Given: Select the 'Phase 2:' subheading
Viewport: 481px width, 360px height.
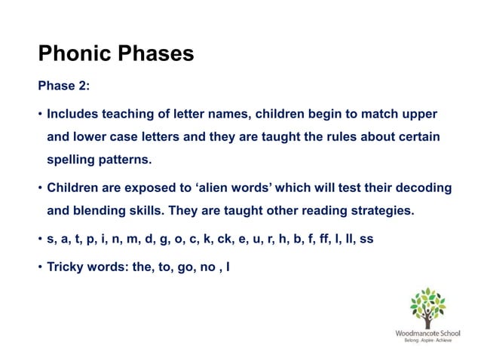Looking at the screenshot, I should point(64,86).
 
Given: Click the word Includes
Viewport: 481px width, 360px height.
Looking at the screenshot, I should point(74,114).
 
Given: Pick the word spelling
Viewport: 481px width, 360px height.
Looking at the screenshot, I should point(72,160).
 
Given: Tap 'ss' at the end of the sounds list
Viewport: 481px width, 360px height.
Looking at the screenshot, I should point(366,239).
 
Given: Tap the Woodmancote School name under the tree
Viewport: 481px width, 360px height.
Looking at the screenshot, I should point(427,332).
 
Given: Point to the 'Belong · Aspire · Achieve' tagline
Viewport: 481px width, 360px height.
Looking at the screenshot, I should point(427,340).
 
